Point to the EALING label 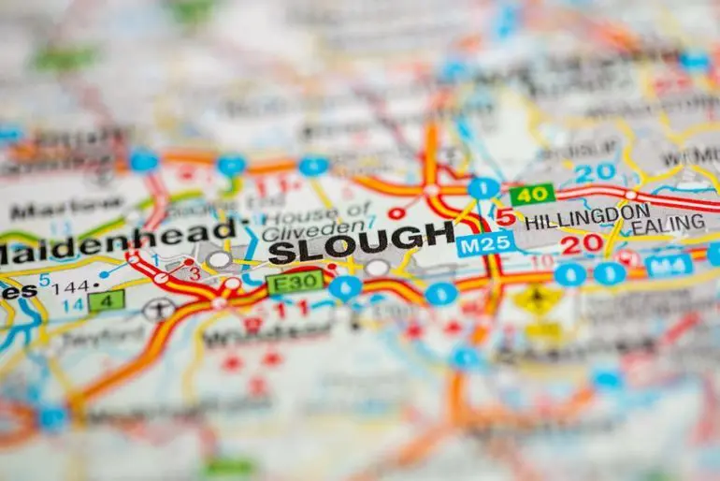click(667, 224)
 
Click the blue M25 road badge click(485, 243)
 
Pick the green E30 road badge click(295, 282)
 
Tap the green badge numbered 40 click(531, 195)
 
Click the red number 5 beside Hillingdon click(505, 218)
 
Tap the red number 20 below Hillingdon click(581, 245)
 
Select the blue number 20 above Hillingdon click(595, 172)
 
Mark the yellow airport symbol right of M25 click(537, 299)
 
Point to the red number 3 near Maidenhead click(194, 273)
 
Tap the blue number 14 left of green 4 click(72, 303)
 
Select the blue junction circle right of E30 click(344, 286)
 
